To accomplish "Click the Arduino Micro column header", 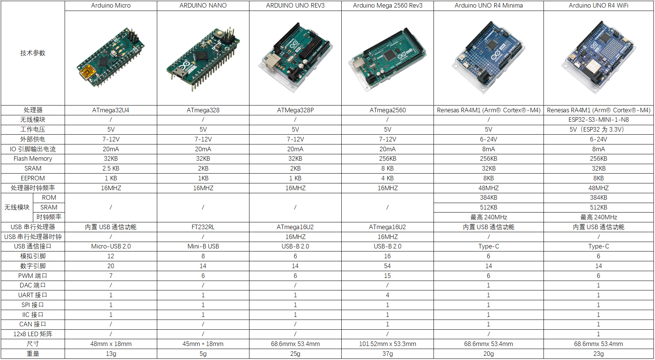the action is click(x=111, y=6).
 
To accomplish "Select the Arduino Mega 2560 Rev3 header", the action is click(x=387, y=6).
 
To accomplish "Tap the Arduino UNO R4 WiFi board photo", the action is click(x=599, y=57).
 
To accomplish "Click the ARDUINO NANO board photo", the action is click(x=203, y=59).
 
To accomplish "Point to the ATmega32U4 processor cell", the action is click(x=111, y=110).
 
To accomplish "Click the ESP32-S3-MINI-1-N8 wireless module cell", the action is click(x=599, y=120).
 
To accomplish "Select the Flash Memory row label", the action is click(x=33, y=159).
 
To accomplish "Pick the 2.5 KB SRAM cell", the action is click(x=111, y=169).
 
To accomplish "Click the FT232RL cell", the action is click(x=203, y=227).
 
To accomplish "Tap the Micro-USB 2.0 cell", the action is click(x=111, y=247).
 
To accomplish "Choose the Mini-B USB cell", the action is click(x=203, y=247).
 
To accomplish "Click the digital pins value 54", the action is click(x=387, y=266).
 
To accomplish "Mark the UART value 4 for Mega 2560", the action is click(x=387, y=295).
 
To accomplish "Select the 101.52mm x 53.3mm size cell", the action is click(x=387, y=344).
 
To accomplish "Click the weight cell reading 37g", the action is click(x=387, y=354).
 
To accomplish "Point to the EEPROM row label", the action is click(x=33, y=178).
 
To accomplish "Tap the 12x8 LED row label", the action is click(x=33, y=334).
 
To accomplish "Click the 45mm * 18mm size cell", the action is click(x=203, y=344).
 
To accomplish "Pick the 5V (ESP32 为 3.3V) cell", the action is click(x=599, y=130).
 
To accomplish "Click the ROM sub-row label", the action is click(x=49, y=198).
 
